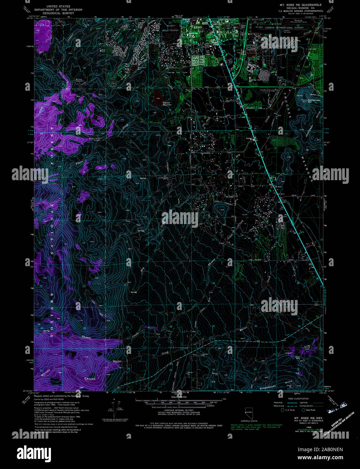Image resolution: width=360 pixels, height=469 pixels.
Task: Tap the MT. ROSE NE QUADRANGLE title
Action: point(301,5)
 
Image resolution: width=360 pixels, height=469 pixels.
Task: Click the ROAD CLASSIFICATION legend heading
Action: point(298,398)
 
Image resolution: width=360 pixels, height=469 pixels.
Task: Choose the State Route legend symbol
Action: point(303,410)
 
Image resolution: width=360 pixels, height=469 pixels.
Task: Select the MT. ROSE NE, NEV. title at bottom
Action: point(303,418)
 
